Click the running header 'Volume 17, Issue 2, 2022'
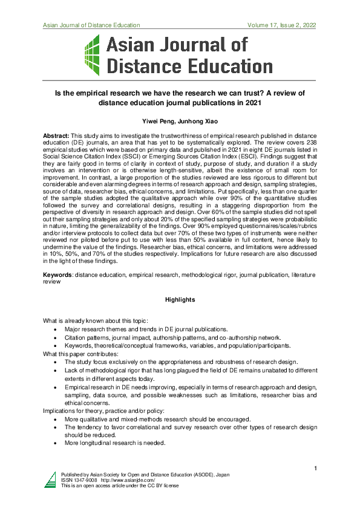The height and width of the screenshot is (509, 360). coord(282,25)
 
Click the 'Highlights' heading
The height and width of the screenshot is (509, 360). coord(180,299)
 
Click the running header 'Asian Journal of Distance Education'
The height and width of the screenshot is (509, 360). coord(91,25)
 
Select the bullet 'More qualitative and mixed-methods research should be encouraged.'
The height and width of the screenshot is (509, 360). coord(157,419)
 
